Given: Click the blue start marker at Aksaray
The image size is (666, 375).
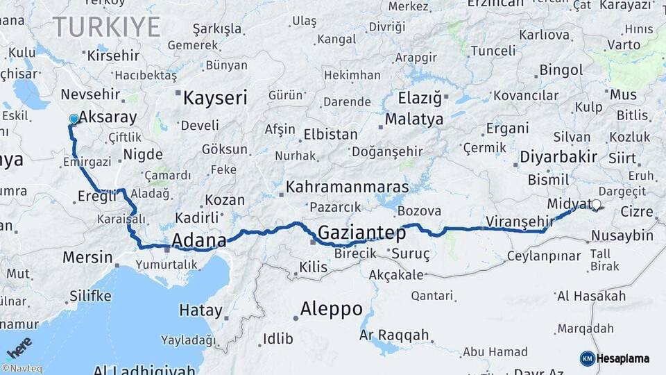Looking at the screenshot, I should (74, 119).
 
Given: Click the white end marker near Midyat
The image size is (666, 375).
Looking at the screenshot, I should (595, 205).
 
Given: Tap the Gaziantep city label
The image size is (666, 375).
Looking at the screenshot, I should (361, 233).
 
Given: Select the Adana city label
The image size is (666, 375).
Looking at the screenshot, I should (198, 241).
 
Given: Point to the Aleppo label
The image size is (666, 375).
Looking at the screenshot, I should (331, 309).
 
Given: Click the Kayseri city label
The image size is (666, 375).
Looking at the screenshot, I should (214, 98).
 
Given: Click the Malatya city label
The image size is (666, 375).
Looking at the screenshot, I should (413, 119).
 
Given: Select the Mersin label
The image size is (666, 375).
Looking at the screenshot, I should (87, 258).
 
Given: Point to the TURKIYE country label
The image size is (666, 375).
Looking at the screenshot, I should (107, 27).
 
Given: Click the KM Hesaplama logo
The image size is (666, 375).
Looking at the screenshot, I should (615, 358).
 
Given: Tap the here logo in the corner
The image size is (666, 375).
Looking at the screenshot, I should (19, 347).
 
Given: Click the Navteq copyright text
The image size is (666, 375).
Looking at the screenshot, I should (22, 369).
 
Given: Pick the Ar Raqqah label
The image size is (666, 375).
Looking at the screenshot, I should (394, 335).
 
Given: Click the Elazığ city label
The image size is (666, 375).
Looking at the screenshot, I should (420, 98).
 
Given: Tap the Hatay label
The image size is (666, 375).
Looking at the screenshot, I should (200, 310).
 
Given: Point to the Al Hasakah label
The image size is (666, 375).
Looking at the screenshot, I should (591, 297).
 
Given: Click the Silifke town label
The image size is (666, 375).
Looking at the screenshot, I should (90, 297).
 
